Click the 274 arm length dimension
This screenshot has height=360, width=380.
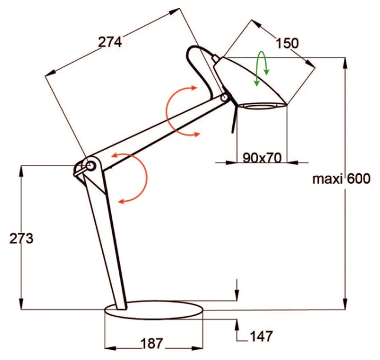[x=110, y=42]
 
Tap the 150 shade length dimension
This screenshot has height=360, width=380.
[x=287, y=43]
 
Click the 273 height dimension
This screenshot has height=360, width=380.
[x=22, y=238]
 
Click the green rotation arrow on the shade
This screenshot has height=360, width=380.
[x=261, y=69]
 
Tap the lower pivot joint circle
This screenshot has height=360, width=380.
[x=90, y=166]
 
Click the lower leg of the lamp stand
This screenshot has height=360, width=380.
[x=106, y=236]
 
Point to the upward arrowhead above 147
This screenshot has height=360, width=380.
[x=237, y=323]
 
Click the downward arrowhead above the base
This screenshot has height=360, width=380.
[x=237, y=296]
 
